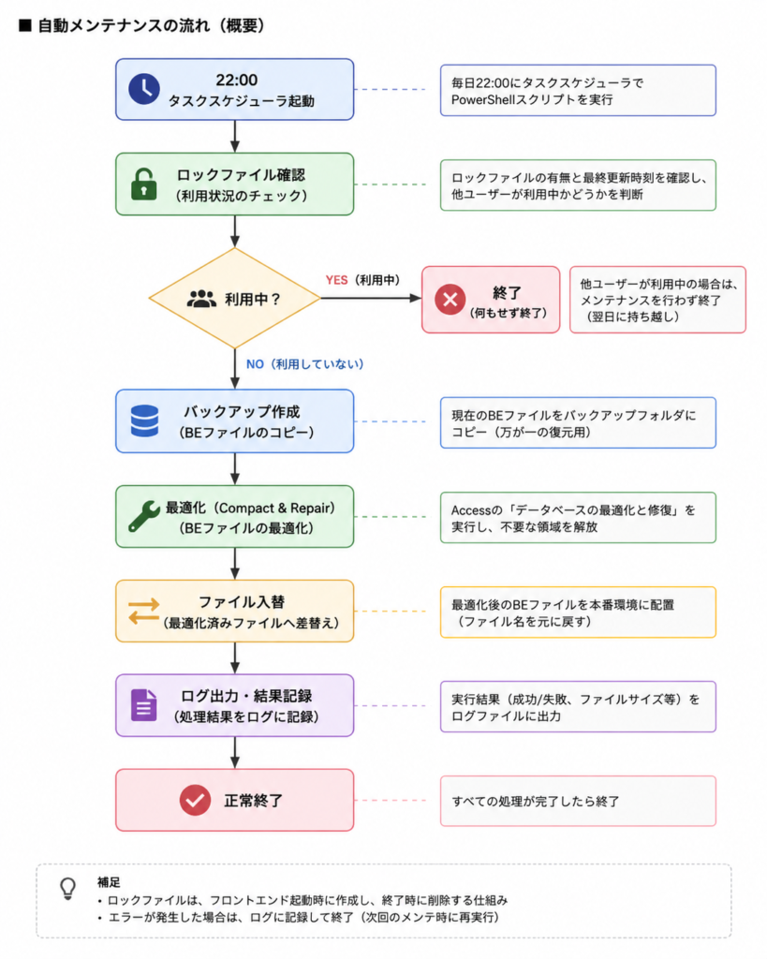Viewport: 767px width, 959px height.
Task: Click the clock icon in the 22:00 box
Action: (x=144, y=89)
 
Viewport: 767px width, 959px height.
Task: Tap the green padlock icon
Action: (x=143, y=184)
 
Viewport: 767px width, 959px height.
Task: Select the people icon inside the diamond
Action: (x=201, y=299)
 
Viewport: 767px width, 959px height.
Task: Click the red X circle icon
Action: (x=450, y=299)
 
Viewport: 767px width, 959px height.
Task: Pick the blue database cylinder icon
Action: (x=144, y=420)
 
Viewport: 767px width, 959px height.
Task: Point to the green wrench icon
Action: (x=144, y=516)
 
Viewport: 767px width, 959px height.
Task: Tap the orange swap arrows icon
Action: (x=143, y=611)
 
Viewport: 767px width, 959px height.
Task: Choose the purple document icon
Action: (x=143, y=705)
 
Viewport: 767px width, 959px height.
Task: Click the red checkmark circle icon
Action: (x=195, y=800)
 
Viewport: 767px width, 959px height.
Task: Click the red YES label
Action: (x=336, y=280)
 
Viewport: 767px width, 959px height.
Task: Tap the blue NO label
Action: (x=255, y=364)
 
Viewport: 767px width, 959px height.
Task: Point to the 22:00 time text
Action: (x=237, y=81)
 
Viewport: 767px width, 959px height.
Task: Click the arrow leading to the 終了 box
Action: (x=371, y=298)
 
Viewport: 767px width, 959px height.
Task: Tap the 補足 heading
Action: (x=109, y=882)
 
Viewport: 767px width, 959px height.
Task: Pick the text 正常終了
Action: (x=253, y=801)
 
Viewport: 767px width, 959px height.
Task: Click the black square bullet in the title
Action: (x=25, y=25)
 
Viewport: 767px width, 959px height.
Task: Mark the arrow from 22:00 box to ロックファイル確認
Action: (x=235, y=137)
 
